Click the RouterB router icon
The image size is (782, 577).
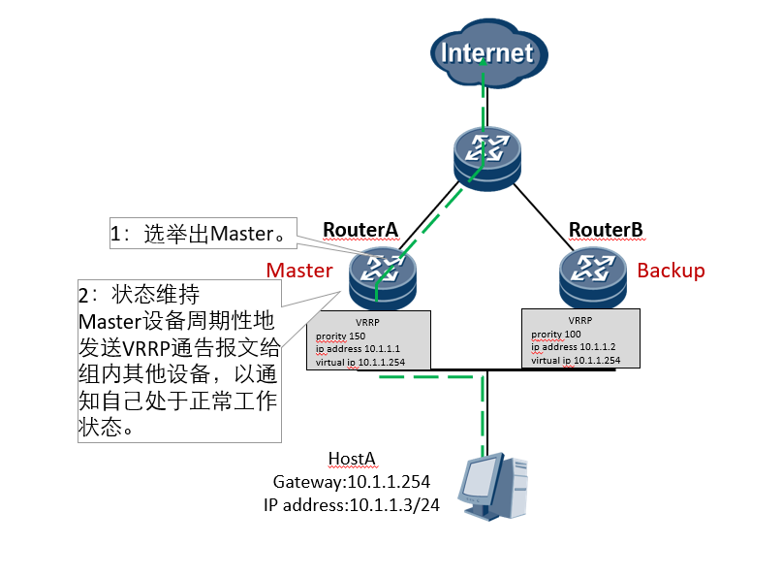(x=592, y=275)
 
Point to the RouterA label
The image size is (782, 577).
(x=360, y=230)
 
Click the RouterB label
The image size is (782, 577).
(x=606, y=230)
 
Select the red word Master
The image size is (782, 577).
(x=299, y=270)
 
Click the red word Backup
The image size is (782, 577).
(x=671, y=270)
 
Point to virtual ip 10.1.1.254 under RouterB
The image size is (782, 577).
(x=576, y=359)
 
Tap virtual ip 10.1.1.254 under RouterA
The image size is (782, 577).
(x=360, y=362)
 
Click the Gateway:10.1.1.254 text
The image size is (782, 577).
(x=352, y=481)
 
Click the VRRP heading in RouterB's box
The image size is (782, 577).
(x=580, y=320)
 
